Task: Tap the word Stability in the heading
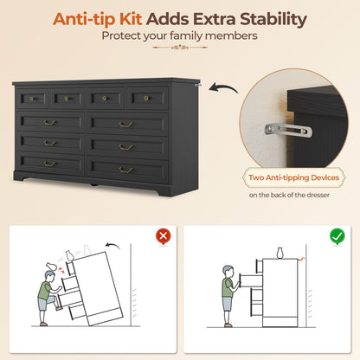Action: tap(273, 20)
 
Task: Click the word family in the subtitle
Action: tap(186, 35)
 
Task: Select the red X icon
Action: tap(164, 236)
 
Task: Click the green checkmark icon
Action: tap(337, 236)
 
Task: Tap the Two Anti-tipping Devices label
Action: tap(294, 177)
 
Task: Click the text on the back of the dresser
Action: tap(289, 195)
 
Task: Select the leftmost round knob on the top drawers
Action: tap(32, 100)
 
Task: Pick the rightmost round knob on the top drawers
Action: tap(146, 99)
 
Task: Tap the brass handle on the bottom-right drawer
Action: tap(125, 170)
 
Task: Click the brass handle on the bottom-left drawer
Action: tap(49, 164)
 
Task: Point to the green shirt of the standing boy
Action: tap(228, 287)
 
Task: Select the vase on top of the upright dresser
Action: tap(280, 253)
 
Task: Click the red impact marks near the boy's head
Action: tap(61, 270)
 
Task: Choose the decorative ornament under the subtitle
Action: tap(180, 47)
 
